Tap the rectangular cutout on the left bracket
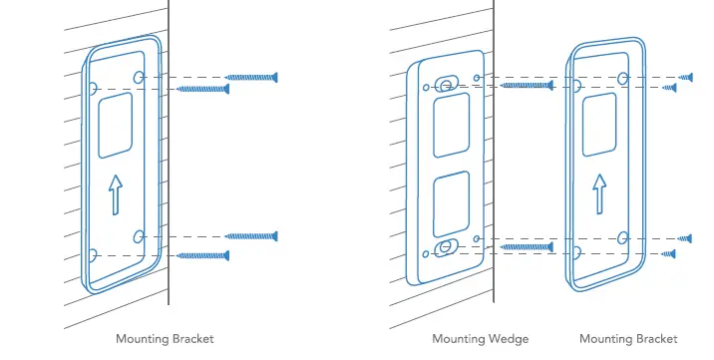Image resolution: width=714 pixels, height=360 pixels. coord(116,124)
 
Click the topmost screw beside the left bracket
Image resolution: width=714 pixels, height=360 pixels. coord(251,77)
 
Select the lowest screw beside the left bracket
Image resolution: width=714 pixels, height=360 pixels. coord(204,256)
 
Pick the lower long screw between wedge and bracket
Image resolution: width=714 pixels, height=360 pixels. coord(527,246)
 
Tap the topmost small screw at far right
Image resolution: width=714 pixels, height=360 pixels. coord(685,77)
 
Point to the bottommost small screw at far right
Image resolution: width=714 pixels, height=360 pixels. coord(670,254)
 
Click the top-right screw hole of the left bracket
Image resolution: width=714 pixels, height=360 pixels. coord(139,77)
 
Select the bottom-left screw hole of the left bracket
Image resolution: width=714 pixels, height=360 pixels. coord(92,255)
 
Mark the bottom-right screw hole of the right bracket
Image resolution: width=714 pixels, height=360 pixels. coord(622,237)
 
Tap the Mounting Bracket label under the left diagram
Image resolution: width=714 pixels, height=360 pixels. coord(165,340)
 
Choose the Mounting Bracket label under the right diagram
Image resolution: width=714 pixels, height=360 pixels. coord(628,340)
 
